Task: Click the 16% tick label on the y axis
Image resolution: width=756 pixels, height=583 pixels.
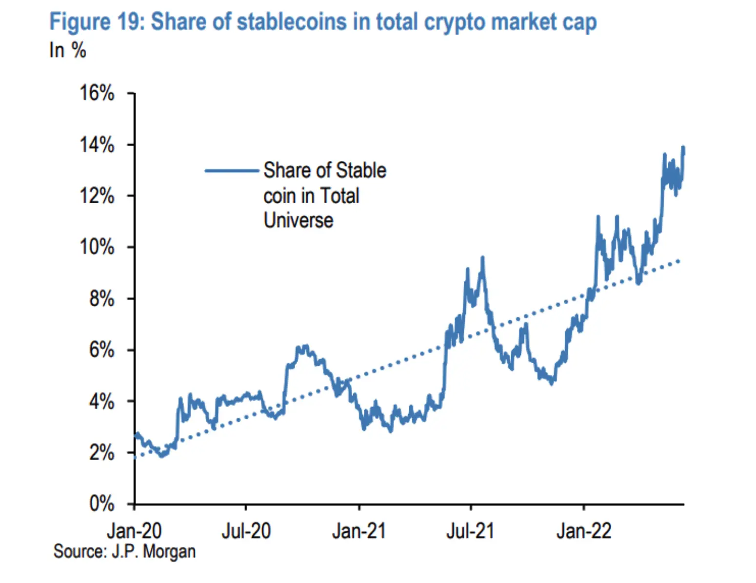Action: (97, 93)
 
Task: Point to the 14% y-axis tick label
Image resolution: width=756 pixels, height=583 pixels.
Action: (97, 145)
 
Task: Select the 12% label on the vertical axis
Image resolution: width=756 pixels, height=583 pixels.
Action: (97, 196)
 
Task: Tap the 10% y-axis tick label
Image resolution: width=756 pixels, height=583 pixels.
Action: (97, 247)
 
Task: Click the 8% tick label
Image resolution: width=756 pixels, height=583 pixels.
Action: (101, 298)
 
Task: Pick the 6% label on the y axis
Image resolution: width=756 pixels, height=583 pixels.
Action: (101, 350)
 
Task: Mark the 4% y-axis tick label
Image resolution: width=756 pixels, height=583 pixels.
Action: (101, 402)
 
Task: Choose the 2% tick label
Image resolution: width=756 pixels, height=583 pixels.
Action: (101, 453)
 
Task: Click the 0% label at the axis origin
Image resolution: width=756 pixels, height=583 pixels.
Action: (101, 503)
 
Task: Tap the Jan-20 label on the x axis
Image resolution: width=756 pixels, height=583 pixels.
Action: (134, 531)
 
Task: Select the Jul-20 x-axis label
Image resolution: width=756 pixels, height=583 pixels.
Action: (246, 531)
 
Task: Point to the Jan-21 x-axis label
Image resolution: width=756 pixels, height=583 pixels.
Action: (358, 531)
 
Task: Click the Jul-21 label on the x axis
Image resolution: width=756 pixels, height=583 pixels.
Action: (470, 531)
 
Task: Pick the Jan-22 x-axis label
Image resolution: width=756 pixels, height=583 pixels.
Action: (583, 531)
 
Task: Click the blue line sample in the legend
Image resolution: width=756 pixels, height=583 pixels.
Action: (231, 171)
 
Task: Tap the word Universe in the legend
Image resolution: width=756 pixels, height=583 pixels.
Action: (298, 220)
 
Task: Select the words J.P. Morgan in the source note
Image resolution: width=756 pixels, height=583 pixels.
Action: (154, 551)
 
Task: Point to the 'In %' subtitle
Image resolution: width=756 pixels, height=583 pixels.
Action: (67, 50)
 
